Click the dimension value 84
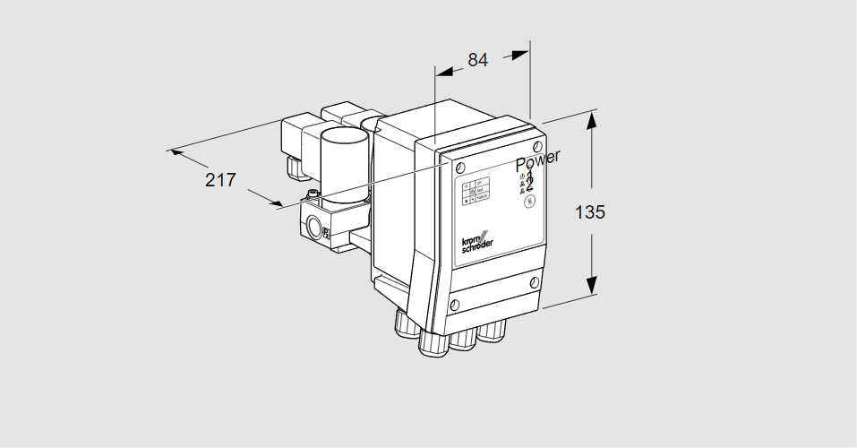pos(478,60)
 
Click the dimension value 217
pos(220,179)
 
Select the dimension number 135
pos(590,212)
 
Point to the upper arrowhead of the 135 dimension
pos(591,120)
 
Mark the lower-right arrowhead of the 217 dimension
pos(275,204)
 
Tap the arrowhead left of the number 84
pos(442,68)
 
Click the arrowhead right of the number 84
pos(520,54)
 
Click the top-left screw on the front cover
pos(459,169)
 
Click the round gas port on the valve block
pos(312,224)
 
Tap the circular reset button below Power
pos(529,202)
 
